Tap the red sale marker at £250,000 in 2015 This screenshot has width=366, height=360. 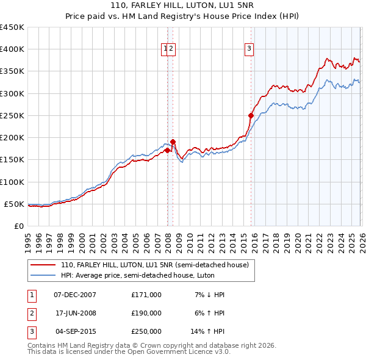pyautogui.click(x=251, y=115)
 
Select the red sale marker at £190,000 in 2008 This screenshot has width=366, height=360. pyautogui.click(x=173, y=142)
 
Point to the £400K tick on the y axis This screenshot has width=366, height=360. pyautogui.click(x=12, y=49)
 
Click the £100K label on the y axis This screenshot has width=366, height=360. pyautogui.click(x=12, y=182)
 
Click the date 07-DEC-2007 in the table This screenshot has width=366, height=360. pyautogui.click(x=75, y=295)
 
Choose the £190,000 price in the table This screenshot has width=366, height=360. pyautogui.click(x=146, y=313)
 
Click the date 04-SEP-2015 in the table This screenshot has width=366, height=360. pyautogui.click(x=75, y=331)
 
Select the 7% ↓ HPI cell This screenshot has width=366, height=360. pyautogui.click(x=210, y=295)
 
